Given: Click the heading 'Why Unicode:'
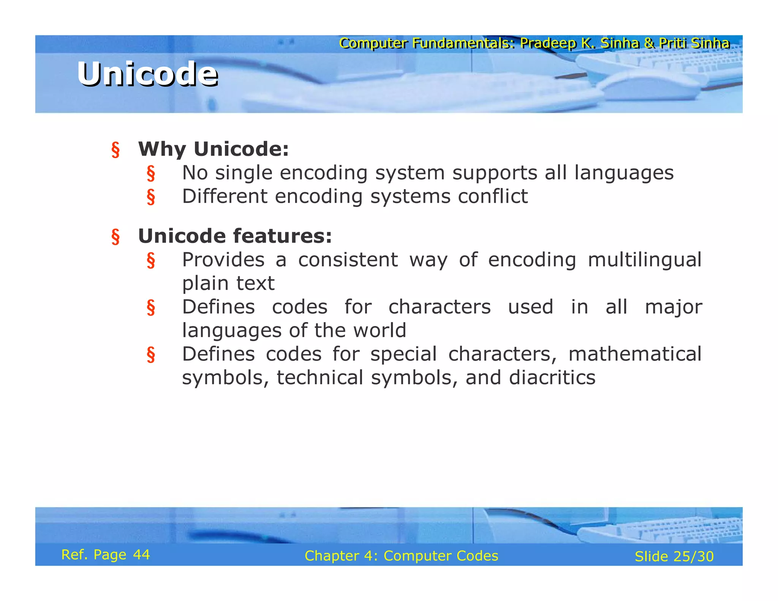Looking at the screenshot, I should click(x=213, y=149).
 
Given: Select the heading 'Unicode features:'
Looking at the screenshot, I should click(x=235, y=236).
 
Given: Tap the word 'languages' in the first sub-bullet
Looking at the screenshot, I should click(x=624, y=173).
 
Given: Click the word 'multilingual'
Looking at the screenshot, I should click(x=644, y=260).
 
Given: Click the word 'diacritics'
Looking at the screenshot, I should click(x=552, y=378).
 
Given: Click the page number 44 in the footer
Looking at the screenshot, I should click(x=141, y=555).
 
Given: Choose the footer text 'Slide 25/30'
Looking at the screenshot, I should click(x=674, y=557).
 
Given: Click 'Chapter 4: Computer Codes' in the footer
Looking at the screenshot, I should click(x=401, y=556).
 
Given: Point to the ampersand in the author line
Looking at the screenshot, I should click(x=649, y=43).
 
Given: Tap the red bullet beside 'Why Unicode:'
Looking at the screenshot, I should click(x=115, y=150).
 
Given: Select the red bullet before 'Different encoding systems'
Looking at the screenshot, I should click(x=151, y=197).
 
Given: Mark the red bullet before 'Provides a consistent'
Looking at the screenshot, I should click(x=151, y=261).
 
